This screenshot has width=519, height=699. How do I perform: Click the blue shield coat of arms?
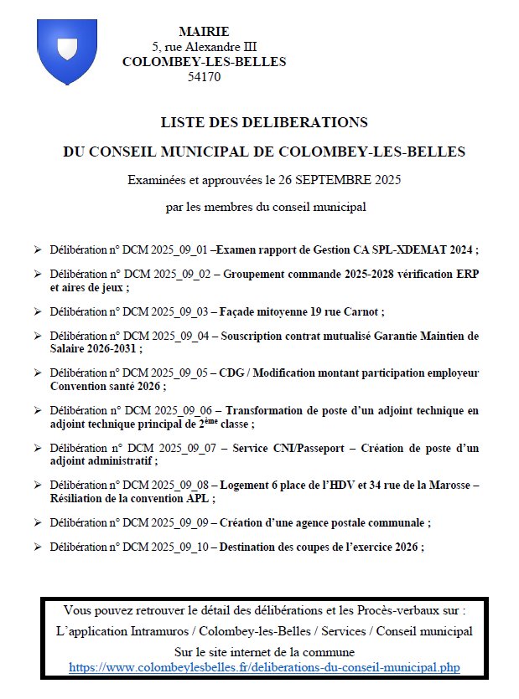point(68,53)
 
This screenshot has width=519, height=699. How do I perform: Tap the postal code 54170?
point(204,76)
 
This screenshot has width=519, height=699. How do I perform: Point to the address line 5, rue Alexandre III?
point(204,46)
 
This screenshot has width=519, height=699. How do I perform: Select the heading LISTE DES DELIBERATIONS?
point(264,122)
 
